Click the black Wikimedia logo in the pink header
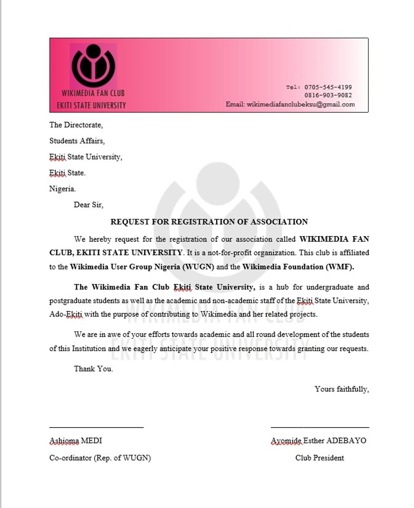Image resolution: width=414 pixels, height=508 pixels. point(93,66)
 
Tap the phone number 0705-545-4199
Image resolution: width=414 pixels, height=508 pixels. point(328,87)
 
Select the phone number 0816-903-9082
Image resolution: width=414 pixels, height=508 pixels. point(328,96)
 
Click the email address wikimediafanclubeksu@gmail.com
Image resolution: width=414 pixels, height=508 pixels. point(300,105)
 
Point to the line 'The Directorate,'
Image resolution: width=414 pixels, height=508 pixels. point(76,125)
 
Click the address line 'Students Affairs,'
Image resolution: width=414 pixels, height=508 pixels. point(77,141)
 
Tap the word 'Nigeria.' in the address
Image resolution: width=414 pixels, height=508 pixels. point(62,189)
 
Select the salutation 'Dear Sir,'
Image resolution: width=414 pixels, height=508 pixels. point(88,205)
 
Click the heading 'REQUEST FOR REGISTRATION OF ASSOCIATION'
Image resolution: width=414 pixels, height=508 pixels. point(209,222)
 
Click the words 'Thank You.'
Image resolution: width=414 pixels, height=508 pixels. point(93,369)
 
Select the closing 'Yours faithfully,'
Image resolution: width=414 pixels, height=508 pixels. point(341,389)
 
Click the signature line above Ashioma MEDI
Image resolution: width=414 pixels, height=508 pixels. point(96,427)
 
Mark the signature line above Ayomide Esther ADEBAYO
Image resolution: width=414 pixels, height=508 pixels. point(319,427)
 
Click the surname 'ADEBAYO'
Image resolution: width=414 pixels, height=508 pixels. point(346,441)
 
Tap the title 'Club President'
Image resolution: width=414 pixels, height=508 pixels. point(319,458)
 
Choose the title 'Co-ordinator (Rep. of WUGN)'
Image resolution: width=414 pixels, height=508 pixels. point(100,458)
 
